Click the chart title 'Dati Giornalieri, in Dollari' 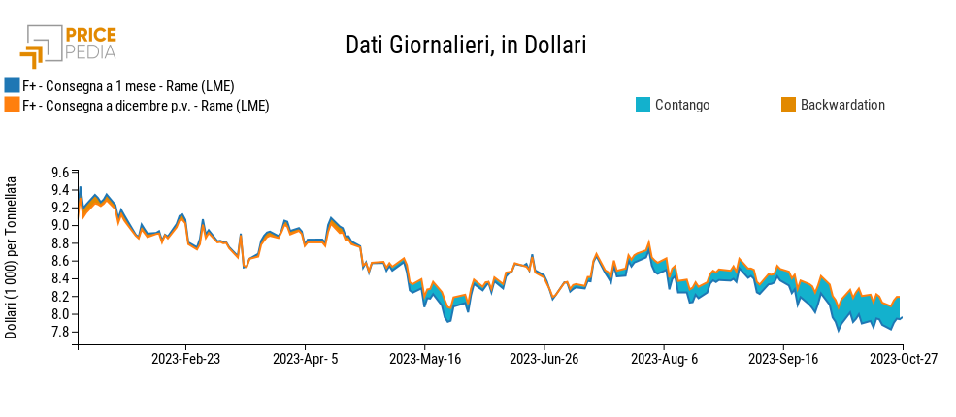click(x=466, y=46)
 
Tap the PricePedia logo click(x=68, y=47)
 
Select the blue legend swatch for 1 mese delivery click(x=12, y=86)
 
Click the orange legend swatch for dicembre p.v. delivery click(x=12, y=105)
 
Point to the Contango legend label click(x=682, y=105)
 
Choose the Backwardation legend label click(x=842, y=105)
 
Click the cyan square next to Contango click(x=643, y=105)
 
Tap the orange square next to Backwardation click(x=789, y=105)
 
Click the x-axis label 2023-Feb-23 click(x=186, y=359)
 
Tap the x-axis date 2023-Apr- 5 click(x=306, y=359)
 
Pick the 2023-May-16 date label click(x=424, y=359)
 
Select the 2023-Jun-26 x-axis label click(x=543, y=359)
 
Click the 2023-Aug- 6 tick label click(x=663, y=359)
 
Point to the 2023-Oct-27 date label click(x=904, y=359)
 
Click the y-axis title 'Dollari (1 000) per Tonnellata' click(x=11, y=258)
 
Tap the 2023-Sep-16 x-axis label click(x=783, y=359)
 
